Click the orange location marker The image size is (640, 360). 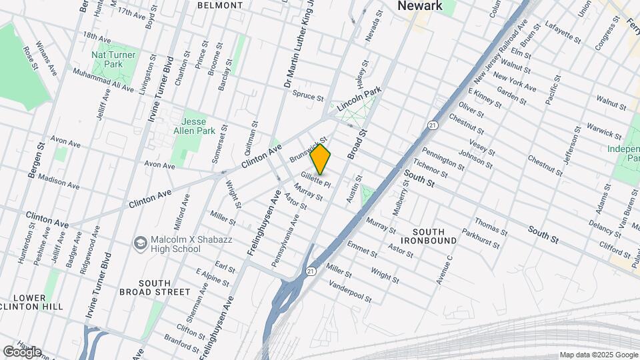click(321, 159)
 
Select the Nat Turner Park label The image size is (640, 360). click(114, 59)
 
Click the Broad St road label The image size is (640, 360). click(362, 142)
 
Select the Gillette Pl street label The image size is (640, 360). click(315, 179)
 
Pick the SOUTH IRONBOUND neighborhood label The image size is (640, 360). click(429, 235)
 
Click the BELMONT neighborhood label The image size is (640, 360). click(220, 5)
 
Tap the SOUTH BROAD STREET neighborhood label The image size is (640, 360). click(155, 286)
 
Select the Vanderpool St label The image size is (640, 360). click(349, 291)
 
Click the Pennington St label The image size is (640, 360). click(443, 159)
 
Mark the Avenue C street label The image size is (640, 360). click(444, 269)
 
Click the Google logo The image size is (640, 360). click(22, 352)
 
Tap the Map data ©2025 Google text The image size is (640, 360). click(598, 355)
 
